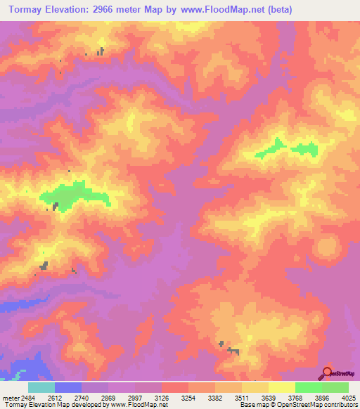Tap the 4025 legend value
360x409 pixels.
349,398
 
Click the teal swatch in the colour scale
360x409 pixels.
41,387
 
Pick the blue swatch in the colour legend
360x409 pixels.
67,387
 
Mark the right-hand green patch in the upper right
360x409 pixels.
305,148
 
